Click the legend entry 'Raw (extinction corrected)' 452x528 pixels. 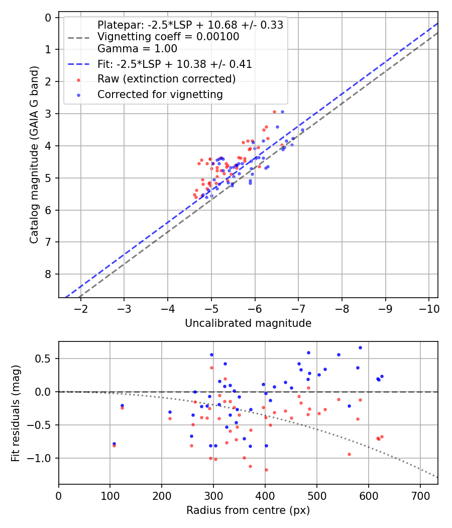166,79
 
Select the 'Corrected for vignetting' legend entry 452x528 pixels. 160,94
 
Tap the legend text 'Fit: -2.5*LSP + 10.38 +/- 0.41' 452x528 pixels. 174,64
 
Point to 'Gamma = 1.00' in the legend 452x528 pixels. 137,49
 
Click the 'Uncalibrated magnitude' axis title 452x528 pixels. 248,323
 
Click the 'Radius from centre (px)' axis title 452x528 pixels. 248,510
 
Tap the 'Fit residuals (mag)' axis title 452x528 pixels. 16,412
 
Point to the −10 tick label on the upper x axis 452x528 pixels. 428,308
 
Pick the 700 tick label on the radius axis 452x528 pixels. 369,495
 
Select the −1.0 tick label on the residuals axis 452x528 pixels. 43,458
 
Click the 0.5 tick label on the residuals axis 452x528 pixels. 46,359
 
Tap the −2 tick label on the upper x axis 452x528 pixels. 81,308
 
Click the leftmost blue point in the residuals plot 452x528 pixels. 114,444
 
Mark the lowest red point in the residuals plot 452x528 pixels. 266,470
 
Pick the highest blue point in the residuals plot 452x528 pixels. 360,347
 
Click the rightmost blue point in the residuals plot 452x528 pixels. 382,376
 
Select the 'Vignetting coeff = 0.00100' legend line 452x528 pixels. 168,37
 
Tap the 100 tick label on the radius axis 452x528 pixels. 110,495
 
